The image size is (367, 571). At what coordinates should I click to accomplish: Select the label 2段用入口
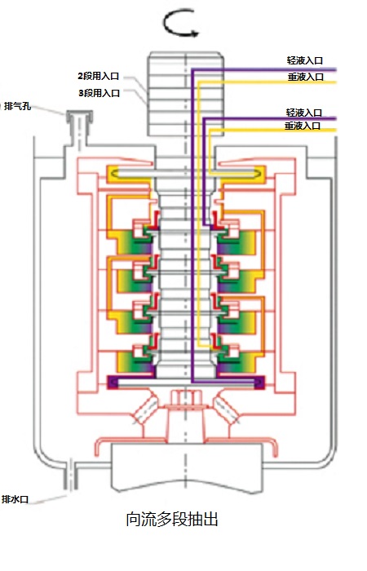coord(99,76)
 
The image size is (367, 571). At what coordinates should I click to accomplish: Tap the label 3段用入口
coord(99,93)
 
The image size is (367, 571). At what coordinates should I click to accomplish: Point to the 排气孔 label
coord(17,107)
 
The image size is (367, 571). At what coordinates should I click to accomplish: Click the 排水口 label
coord(15,499)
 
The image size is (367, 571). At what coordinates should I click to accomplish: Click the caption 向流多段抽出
coord(172,519)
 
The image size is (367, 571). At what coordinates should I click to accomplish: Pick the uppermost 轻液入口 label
coord(305,60)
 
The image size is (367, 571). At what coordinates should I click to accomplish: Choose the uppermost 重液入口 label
coord(306,77)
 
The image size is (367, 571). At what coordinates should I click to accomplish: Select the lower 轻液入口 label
coord(303,113)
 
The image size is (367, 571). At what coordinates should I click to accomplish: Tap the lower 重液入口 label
coord(303,126)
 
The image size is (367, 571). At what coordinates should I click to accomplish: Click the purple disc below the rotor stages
coord(186,383)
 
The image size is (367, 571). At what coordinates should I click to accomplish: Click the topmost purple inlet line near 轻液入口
coord(263,69)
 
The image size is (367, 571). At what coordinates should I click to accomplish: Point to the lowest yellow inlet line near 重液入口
coord(272,130)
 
